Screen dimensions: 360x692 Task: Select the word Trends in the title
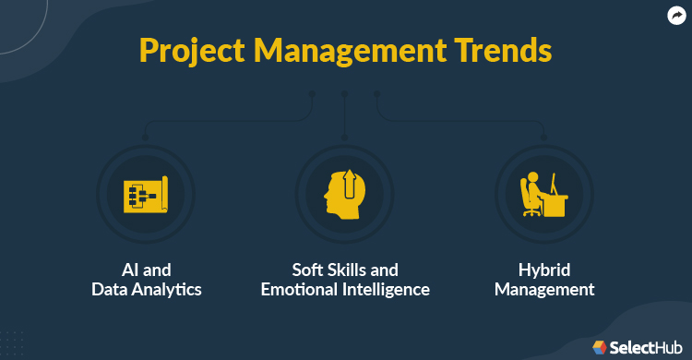[x=503, y=50]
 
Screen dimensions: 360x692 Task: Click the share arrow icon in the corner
[x=676, y=15]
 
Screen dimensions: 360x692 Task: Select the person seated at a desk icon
[x=544, y=195]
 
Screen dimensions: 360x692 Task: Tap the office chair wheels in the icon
[x=532, y=212]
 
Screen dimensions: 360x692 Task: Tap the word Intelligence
[x=388, y=289]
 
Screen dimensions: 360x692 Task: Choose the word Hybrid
[x=543, y=270]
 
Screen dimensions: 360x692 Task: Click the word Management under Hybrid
[x=543, y=289]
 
